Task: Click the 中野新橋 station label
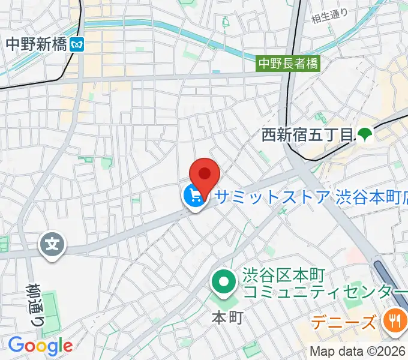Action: pos(36,44)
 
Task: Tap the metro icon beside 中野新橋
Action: pos(77,44)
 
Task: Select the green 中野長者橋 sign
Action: pos(288,62)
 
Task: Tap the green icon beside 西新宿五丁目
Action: pos(364,135)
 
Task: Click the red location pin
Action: pos(205,174)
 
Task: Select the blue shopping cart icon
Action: pos(194,196)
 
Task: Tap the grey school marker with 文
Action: pos(52,244)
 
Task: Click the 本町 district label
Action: pos(227,317)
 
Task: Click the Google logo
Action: pos(40,346)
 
